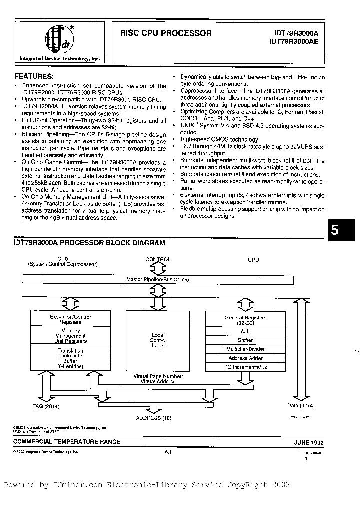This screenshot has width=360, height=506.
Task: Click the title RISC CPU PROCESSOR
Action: tap(166, 34)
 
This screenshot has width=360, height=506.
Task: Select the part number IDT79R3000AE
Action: tap(297, 42)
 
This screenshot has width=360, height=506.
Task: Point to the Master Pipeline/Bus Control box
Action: tap(158, 280)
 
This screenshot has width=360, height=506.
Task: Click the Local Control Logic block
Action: tap(158, 340)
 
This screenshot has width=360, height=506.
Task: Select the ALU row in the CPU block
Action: tap(246, 331)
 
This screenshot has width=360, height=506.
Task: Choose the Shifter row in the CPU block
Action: tap(246, 340)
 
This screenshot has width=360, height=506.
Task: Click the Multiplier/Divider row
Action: tap(246, 349)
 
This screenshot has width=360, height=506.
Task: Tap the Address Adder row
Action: tap(246, 358)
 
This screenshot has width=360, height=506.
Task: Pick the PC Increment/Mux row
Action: tap(246, 367)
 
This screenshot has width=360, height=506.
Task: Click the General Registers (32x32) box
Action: tap(246, 320)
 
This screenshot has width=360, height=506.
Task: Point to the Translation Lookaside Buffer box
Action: tap(70, 358)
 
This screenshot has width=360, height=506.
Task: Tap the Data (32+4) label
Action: tap(299, 406)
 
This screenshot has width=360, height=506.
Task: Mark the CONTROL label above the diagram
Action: tap(158, 259)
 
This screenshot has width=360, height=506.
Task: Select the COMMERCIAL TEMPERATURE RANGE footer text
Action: tap(67, 442)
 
